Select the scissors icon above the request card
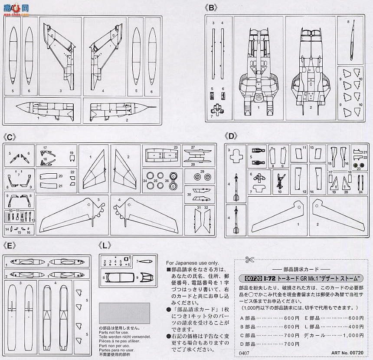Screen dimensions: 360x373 pyautogui.click(x=249, y=261)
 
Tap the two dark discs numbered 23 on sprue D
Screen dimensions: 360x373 pyautogui.click(x=358, y=166)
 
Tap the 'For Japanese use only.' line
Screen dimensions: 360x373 pyautogui.click(x=193, y=263)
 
